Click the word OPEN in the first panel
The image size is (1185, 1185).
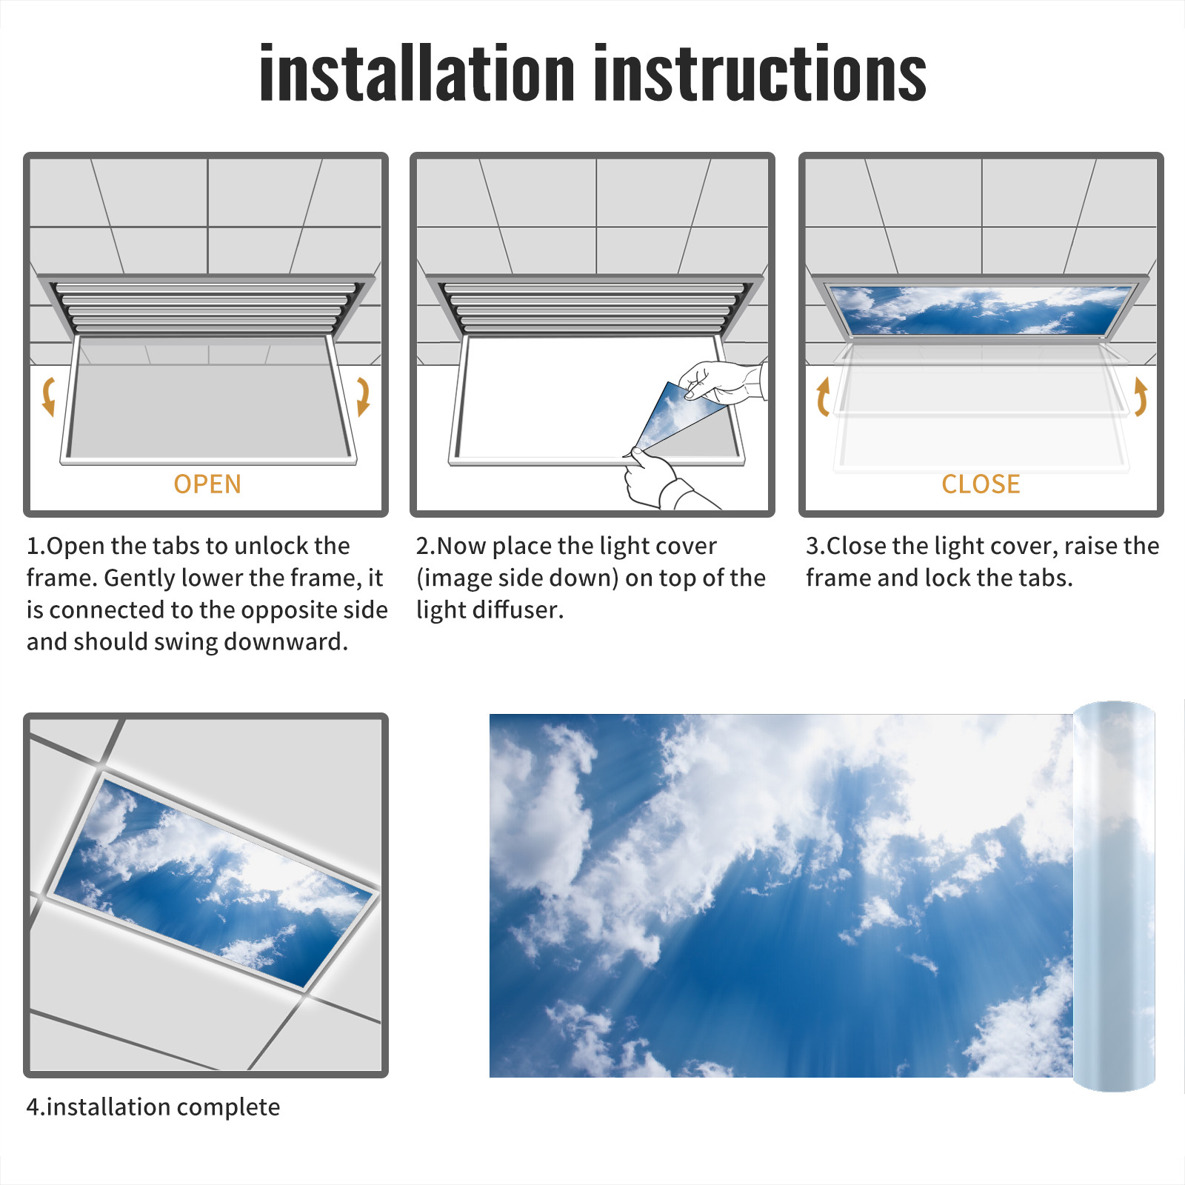[x=207, y=484]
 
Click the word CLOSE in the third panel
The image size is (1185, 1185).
[x=981, y=484]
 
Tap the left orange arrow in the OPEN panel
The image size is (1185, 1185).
[x=48, y=396]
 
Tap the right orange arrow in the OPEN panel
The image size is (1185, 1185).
[x=363, y=396]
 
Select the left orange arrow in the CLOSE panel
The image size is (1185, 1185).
[x=823, y=396]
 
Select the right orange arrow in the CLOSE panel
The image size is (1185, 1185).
[x=1141, y=396]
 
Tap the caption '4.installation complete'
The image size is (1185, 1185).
[x=153, y=1106]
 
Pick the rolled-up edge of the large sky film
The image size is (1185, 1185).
[x=1114, y=896]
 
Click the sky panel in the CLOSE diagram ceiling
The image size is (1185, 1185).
[x=981, y=310]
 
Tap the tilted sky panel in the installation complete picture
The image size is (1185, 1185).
[x=213, y=881]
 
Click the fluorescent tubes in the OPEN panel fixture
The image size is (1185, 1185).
[x=205, y=307]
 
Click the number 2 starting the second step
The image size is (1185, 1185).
[x=422, y=546]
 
